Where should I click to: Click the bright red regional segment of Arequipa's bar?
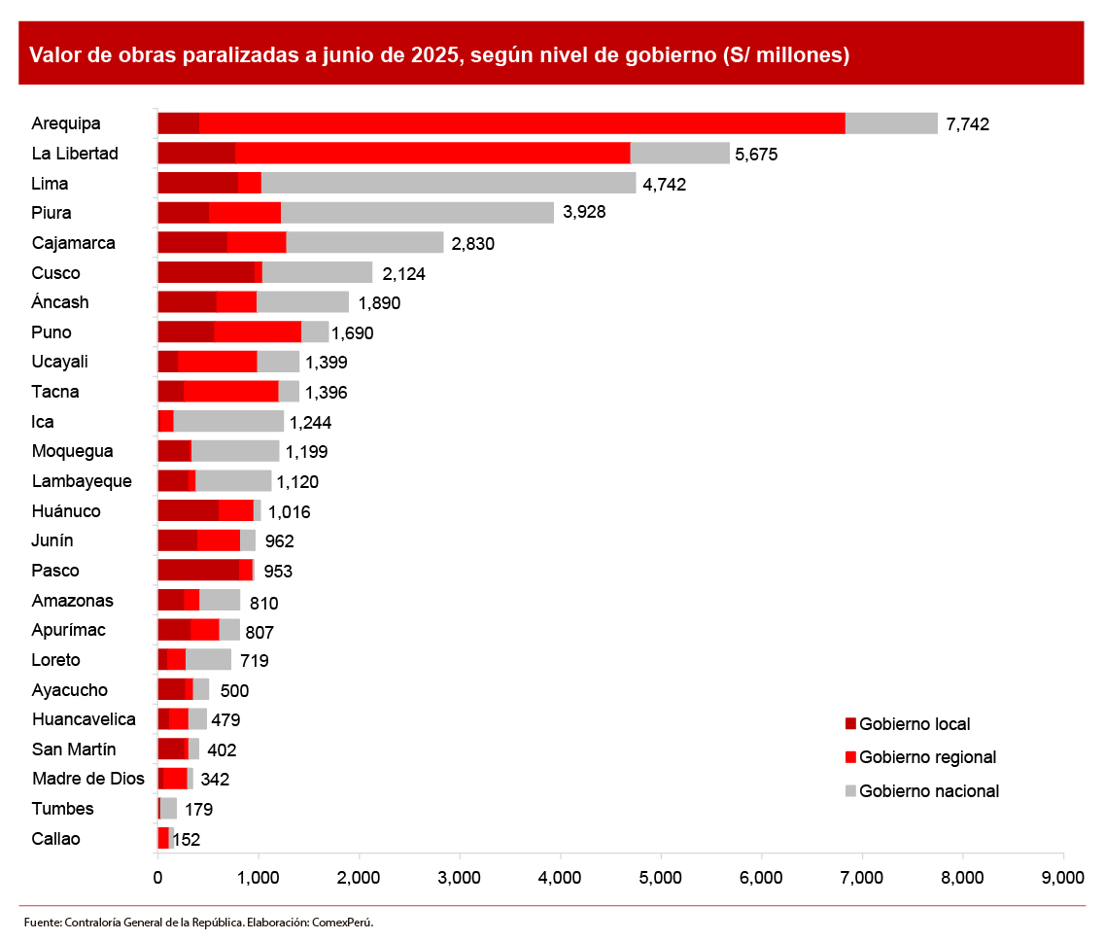click(522, 123)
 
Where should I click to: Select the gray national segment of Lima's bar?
click(448, 183)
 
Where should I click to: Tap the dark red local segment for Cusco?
click(206, 273)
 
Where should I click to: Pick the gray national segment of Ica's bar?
click(228, 422)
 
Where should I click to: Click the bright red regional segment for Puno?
click(258, 332)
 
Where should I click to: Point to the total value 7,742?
click(967, 124)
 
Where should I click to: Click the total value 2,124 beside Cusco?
click(403, 274)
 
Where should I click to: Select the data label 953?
click(278, 572)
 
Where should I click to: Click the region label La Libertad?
click(75, 154)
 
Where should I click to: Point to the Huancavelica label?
click(84, 719)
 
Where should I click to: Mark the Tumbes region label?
click(62, 809)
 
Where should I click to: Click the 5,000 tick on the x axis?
click(661, 878)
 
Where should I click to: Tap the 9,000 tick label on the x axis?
click(1063, 878)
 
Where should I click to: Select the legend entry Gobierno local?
click(915, 724)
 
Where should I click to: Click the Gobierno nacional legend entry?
click(929, 791)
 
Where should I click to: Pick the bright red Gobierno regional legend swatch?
click(850, 757)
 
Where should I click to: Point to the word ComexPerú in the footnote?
click(343, 922)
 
